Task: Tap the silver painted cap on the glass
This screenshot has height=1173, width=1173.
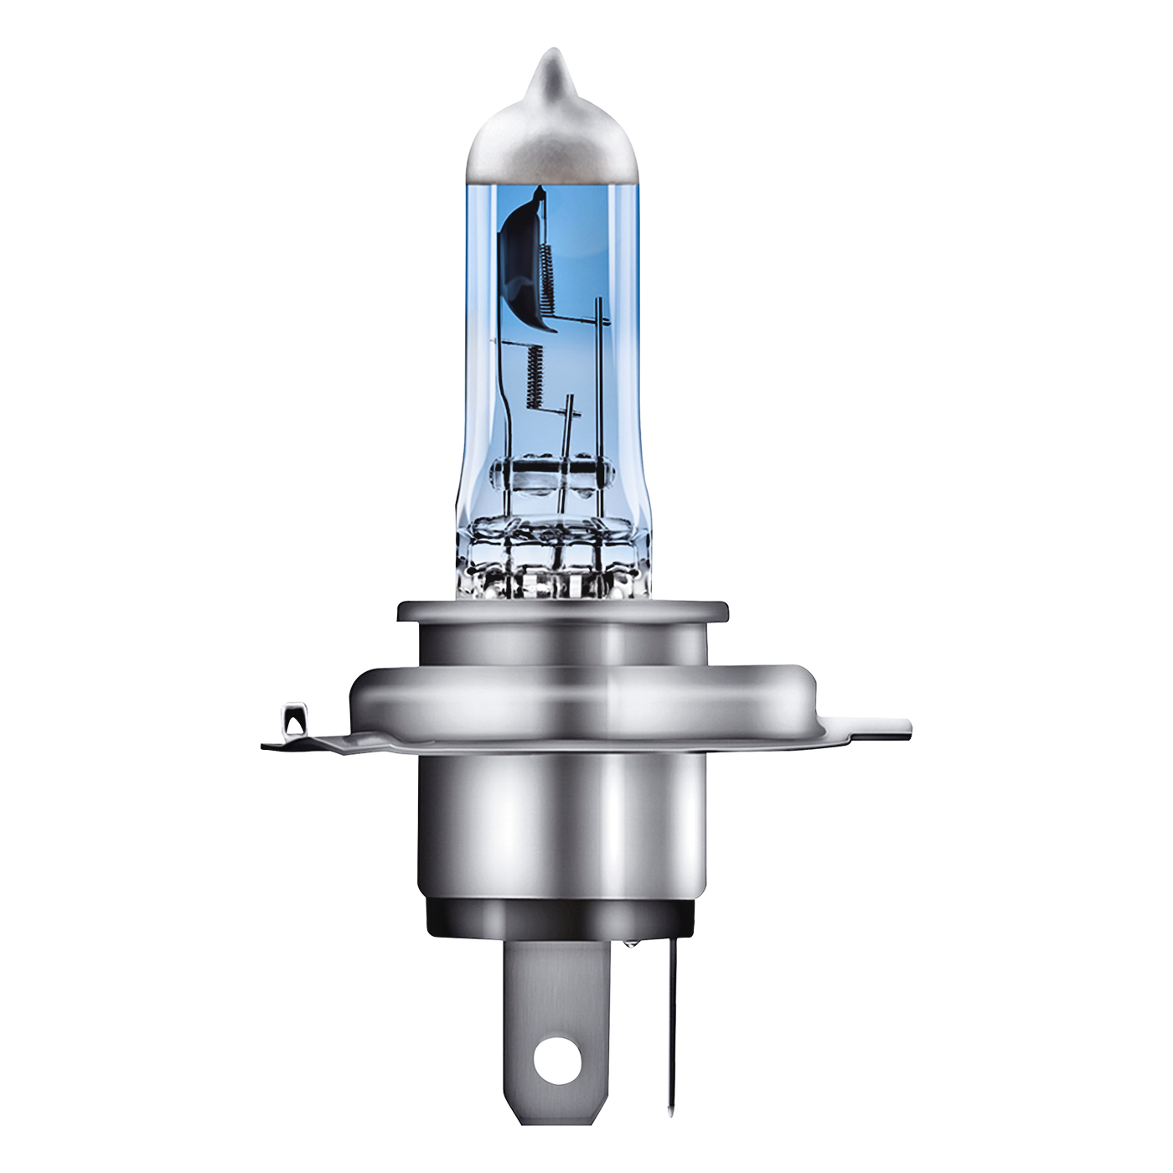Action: (x=549, y=142)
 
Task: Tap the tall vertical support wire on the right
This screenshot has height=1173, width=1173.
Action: (x=598, y=377)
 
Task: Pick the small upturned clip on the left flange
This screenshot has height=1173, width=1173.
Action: (x=293, y=720)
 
